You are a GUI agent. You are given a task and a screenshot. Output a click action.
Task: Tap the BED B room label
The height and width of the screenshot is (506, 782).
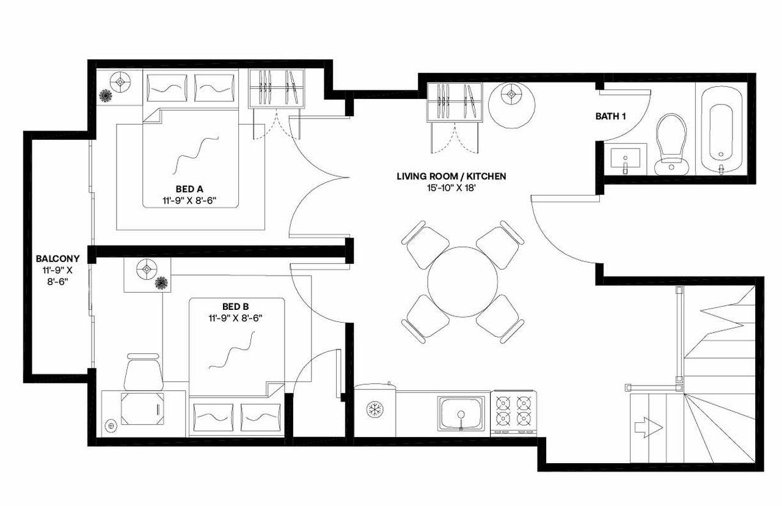236,306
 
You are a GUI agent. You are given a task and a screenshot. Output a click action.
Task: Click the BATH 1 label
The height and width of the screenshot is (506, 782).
610,116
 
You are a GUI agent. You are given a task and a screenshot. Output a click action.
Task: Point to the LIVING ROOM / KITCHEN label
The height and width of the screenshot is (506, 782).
451,177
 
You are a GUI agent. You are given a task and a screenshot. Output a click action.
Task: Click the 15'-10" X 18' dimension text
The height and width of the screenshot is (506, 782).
451,188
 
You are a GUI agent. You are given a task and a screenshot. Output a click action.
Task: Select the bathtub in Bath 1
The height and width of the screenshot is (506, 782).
722,130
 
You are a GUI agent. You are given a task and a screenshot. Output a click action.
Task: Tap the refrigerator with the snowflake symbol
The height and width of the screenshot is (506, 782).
375,409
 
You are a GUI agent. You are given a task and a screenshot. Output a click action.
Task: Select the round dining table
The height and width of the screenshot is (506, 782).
462,281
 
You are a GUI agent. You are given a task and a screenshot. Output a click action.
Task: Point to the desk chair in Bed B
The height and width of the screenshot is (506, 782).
143,372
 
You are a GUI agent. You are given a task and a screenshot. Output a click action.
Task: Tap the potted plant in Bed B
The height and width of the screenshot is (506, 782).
161,282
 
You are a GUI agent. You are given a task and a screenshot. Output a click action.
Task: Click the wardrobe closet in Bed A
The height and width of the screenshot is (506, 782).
277,89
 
